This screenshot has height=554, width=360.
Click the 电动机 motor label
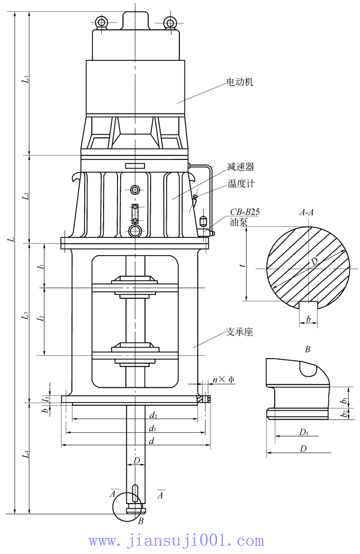(x=239, y=82)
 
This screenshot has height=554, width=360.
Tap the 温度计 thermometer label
(x=241, y=183)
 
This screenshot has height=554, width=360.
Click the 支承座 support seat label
(x=240, y=332)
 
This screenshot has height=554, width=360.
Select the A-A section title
(x=307, y=211)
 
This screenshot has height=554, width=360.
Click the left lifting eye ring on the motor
(x=101, y=22)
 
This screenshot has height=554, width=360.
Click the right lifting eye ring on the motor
(x=170, y=22)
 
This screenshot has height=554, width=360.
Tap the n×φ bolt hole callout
(x=223, y=380)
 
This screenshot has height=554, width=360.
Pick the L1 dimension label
(x=25, y=79)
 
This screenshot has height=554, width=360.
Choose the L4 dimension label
(x=25, y=455)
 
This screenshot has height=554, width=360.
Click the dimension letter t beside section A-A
(x=242, y=265)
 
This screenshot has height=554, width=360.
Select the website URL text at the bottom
(x=176, y=540)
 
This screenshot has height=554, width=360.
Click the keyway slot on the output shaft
(x=135, y=493)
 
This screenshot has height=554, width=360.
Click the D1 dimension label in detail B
(x=304, y=432)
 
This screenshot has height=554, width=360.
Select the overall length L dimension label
(x=8, y=239)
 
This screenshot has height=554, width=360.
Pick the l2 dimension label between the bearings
(x=40, y=320)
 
